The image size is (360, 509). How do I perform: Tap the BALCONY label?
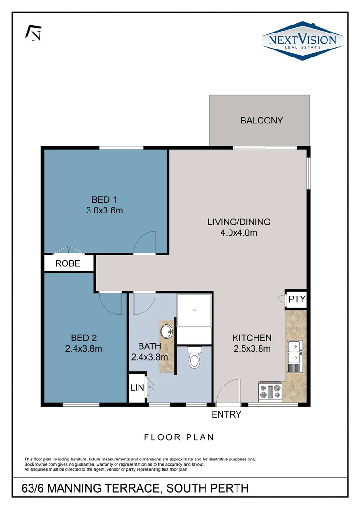pyautogui.click(x=262, y=120)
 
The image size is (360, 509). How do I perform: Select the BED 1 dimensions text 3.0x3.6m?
pyautogui.click(x=104, y=210)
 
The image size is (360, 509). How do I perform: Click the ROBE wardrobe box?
pyautogui.click(x=68, y=263)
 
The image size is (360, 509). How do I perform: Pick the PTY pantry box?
pyautogui.click(x=297, y=299)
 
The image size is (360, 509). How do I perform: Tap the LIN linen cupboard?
pyautogui.click(x=136, y=387)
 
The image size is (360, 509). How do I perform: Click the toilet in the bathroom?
pyautogui.click(x=194, y=358)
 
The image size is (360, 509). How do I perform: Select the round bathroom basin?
pyautogui.click(x=166, y=332)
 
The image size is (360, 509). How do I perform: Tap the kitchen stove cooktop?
pyautogui.click(x=270, y=391)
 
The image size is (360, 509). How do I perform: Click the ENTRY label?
pyautogui.click(x=226, y=415)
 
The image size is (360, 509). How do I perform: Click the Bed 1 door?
pyautogui.click(x=145, y=243)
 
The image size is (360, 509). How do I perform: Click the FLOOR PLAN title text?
pyautogui.click(x=179, y=437)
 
